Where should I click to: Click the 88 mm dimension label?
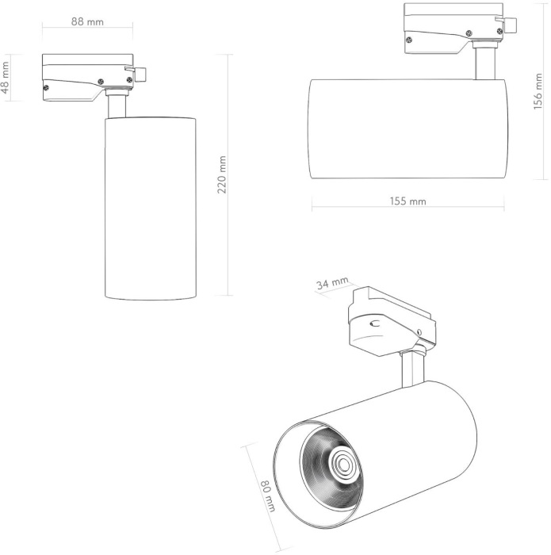(x=87, y=21)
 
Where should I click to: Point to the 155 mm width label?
(x=408, y=201)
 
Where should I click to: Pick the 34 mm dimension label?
(x=331, y=284)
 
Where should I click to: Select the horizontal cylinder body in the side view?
(x=407, y=128)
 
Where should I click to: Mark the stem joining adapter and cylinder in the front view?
(x=117, y=106)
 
